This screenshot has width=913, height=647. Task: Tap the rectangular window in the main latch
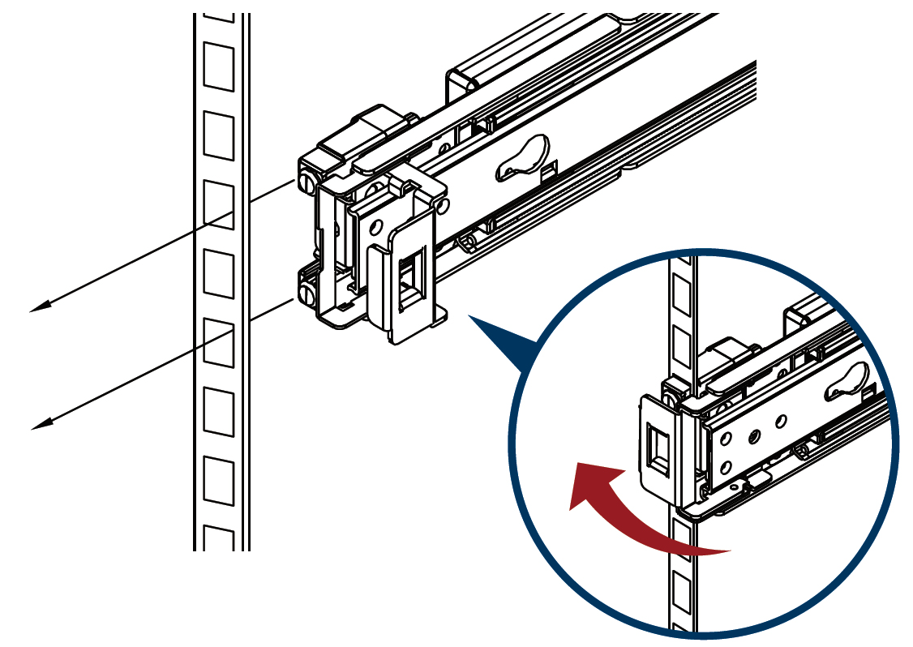click(413, 280)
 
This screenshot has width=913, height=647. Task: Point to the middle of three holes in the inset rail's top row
click(754, 435)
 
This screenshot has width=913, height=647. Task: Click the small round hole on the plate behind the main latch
click(376, 225)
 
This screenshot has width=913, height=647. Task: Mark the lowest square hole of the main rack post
click(218, 539)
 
